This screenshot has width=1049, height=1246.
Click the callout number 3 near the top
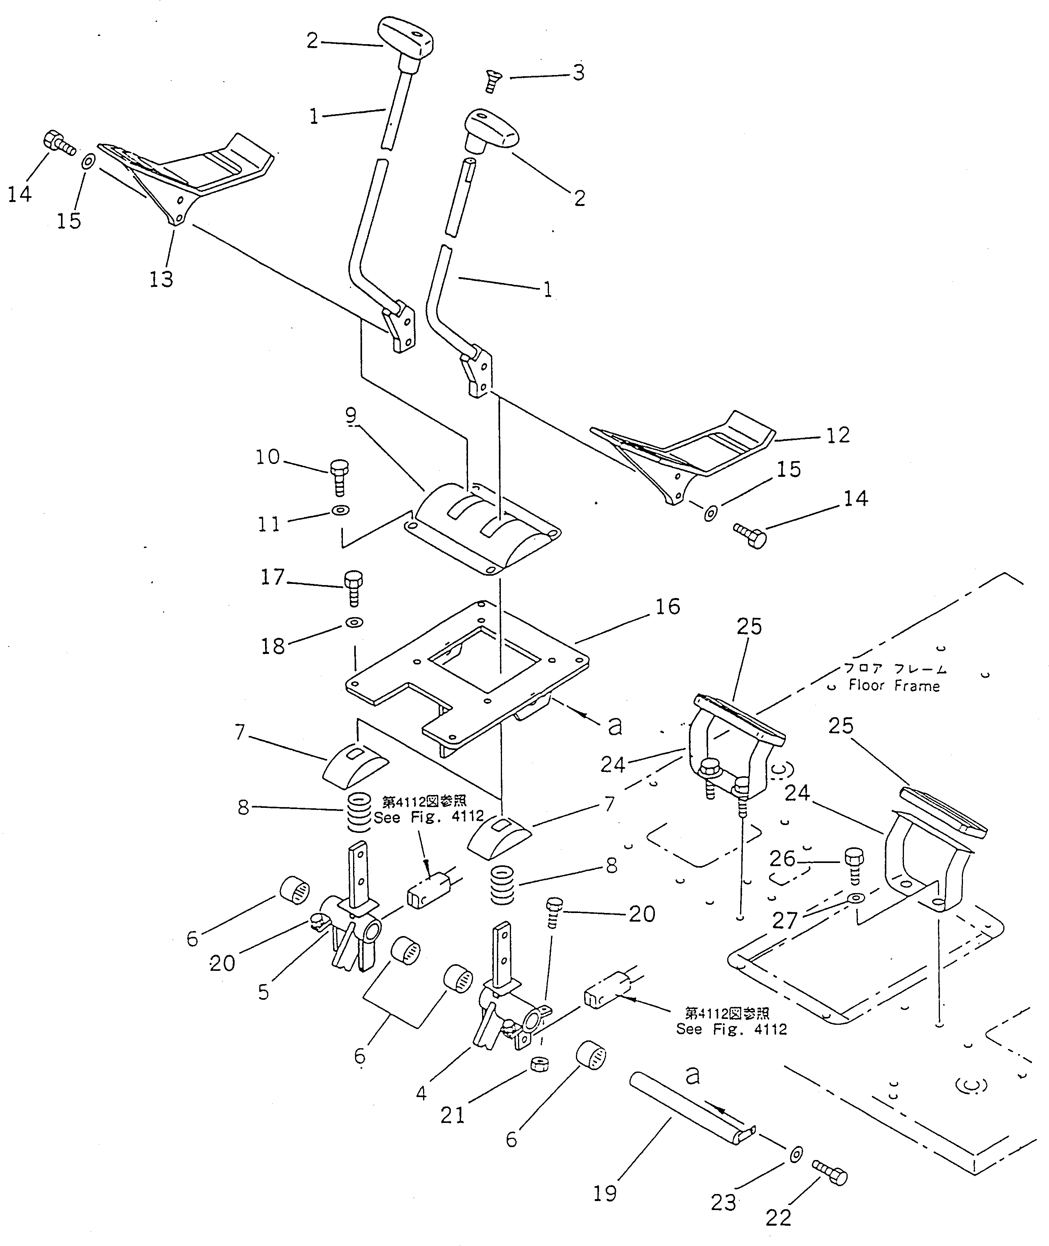(578, 73)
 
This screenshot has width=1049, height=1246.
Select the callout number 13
(161, 278)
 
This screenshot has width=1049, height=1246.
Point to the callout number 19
(605, 1193)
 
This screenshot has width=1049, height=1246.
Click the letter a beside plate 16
(615, 725)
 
